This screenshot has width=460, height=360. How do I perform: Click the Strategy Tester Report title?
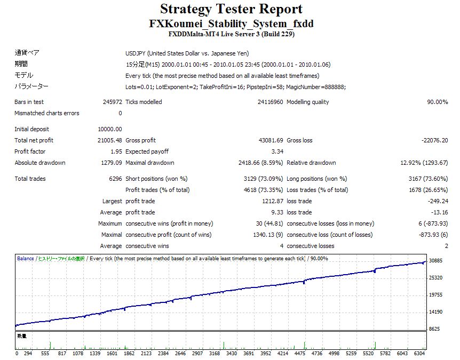tap(231, 9)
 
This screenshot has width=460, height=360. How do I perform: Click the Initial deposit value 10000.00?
tap(110, 129)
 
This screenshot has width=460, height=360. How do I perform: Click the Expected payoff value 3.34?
tap(277, 151)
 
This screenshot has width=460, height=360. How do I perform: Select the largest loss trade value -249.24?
tap(437, 201)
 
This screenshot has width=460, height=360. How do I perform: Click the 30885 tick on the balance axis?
tap(437, 260)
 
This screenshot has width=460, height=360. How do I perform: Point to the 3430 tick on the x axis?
tap(231, 353)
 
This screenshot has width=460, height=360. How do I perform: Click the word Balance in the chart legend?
tap(25, 259)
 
